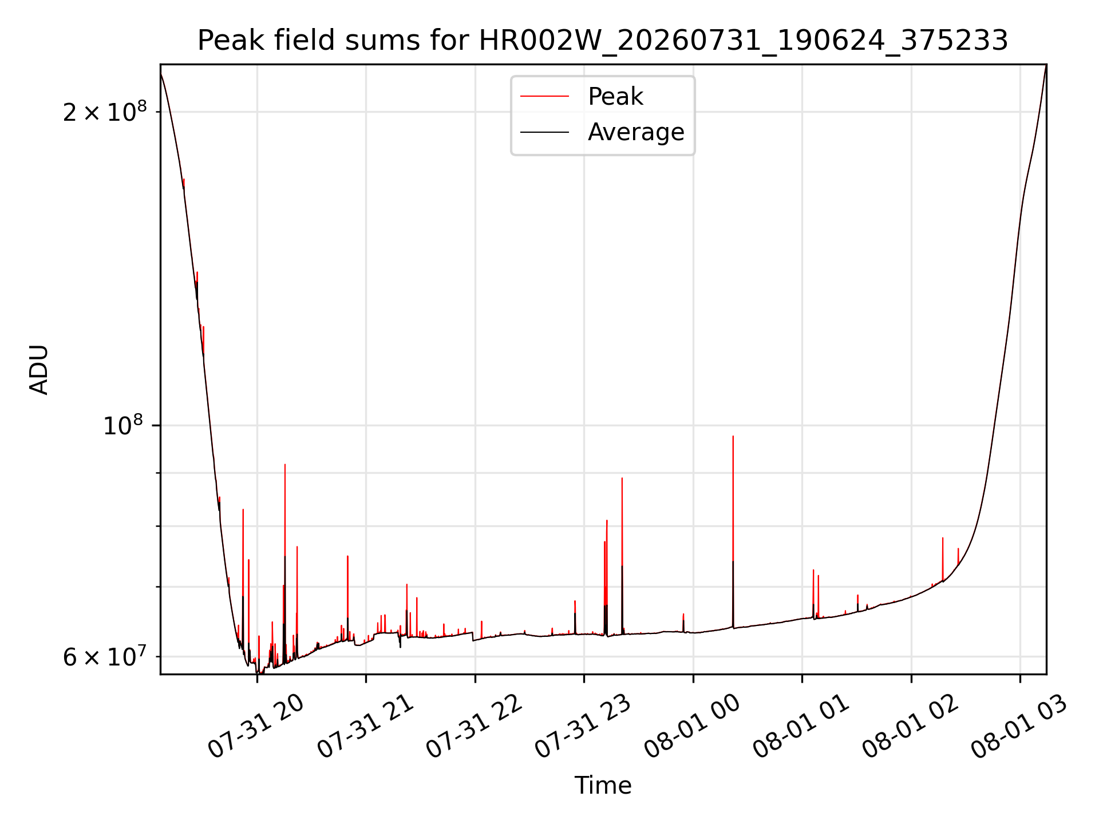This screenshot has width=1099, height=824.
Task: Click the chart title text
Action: pos(603,41)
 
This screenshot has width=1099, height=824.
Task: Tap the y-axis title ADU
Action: pos(39,370)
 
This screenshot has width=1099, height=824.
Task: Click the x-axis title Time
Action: pos(603,786)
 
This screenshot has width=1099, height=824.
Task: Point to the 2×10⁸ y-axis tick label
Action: pos(104,112)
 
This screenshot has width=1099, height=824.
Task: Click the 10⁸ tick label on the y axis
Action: pos(122,425)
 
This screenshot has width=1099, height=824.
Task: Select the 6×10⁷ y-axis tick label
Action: pos(104,656)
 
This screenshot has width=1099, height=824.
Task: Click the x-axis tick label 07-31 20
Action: pos(255,726)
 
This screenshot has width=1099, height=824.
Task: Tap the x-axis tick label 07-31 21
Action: pos(365,726)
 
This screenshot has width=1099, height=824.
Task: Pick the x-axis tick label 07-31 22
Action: pos(474,726)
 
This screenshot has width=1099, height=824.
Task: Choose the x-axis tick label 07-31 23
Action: pos(583,726)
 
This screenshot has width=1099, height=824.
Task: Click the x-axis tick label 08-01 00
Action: pos(692,726)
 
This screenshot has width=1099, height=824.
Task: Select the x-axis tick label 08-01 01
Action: pos(801,726)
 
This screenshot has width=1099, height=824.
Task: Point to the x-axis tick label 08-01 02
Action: pos(910,726)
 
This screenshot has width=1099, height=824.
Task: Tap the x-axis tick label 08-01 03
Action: pos(1019,726)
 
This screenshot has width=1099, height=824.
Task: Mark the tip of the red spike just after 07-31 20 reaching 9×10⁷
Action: pos(285,465)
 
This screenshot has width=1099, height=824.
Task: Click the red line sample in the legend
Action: pos(544,97)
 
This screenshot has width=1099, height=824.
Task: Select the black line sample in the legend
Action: pos(544,132)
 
